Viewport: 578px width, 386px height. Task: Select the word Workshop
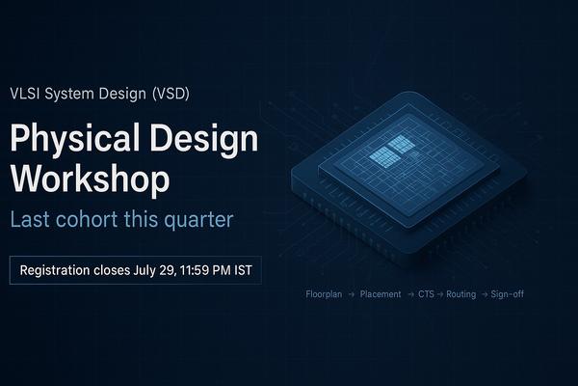click(91, 179)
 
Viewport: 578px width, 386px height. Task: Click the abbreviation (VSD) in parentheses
click(171, 94)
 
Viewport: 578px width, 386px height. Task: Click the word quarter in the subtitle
click(198, 220)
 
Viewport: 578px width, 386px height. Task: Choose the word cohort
click(87, 219)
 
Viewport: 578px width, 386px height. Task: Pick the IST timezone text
click(244, 270)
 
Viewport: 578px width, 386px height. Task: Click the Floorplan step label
click(324, 294)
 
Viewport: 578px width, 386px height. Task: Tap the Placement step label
click(381, 294)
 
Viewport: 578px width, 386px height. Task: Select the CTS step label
click(426, 294)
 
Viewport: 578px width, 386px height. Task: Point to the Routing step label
click(461, 294)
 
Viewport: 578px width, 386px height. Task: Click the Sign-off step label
click(508, 294)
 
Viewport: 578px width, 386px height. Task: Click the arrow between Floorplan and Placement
click(352, 294)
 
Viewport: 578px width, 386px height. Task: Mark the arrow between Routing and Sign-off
click(484, 294)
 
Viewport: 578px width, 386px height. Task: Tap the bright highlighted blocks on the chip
click(391, 152)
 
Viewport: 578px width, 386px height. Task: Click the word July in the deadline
click(144, 271)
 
